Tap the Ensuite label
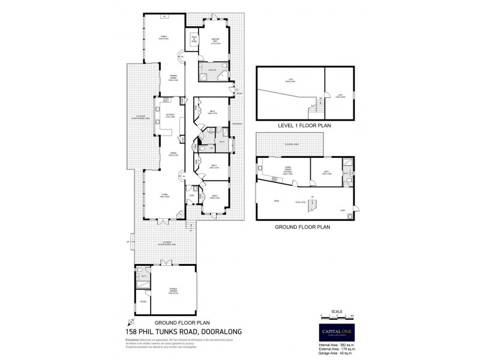coord(212,70)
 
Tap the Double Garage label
coord(172,292)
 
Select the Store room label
coord(143,301)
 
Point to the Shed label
coord(277,201)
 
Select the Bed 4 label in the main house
coord(214,196)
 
